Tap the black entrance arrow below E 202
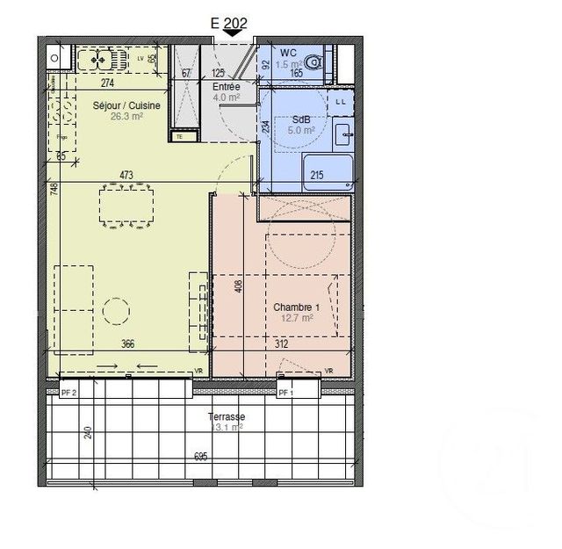pyautogui.click(x=234, y=34)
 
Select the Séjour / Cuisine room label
pyautogui.click(x=126, y=105)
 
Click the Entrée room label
pyautogui.click(x=227, y=87)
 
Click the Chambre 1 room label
pyautogui.click(x=294, y=307)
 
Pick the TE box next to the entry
pyautogui.click(x=179, y=136)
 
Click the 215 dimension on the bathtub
pyautogui.click(x=317, y=176)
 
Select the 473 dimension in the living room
pyautogui.click(x=126, y=176)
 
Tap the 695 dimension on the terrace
pyautogui.click(x=200, y=456)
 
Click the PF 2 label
pyautogui.click(x=68, y=394)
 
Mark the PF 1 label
pyautogui.click(x=285, y=394)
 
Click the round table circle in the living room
pyautogui.click(x=113, y=311)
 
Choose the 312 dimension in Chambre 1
pyautogui.click(x=282, y=345)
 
